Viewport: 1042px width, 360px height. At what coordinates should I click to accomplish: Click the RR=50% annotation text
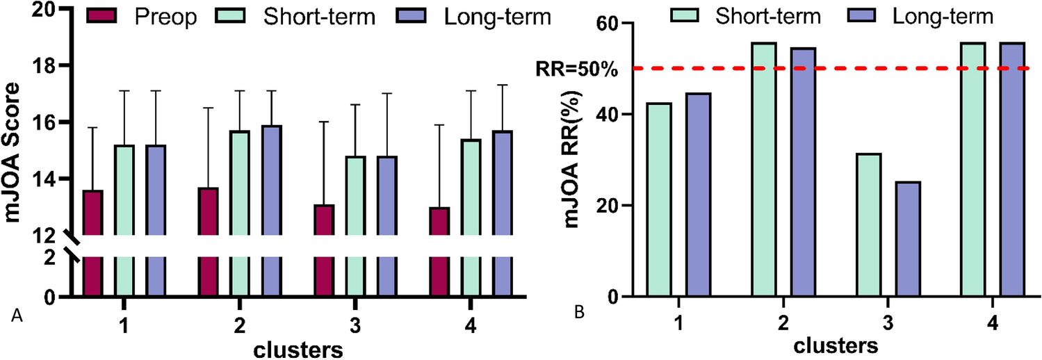click(574, 69)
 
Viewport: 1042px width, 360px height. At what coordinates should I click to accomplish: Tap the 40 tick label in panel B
click(608, 115)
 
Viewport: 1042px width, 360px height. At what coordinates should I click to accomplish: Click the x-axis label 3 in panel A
click(355, 325)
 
